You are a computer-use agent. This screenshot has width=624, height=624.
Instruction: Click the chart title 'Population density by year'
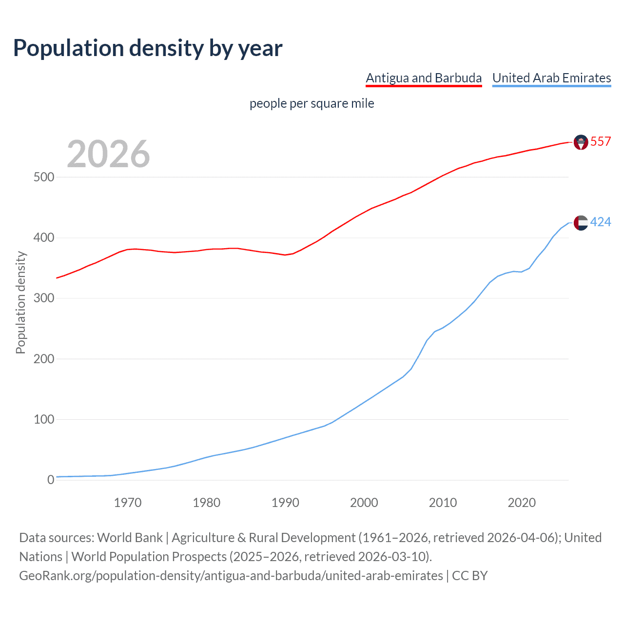pos(148,48)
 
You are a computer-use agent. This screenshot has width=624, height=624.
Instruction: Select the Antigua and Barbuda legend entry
pos(424,78)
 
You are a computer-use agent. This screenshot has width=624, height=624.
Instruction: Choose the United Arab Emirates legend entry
pos(551,78)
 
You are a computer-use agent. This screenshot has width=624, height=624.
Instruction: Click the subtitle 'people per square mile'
pos(312,104)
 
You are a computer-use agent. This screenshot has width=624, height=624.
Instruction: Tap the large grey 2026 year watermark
pos(108,154)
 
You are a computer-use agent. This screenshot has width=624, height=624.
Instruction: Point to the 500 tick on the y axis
pos(43,177)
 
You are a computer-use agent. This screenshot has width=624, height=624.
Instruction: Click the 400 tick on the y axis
pos(43,238)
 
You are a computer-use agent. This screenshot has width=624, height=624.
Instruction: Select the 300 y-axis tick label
pos(43,298)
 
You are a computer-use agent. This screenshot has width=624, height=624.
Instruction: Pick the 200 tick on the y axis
pos(43,359)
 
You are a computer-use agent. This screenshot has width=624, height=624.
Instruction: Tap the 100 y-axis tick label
pos(43,419)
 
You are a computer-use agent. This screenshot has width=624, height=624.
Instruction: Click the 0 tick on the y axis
pos(51,480)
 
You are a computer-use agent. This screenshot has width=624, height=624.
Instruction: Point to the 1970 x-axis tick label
pos(128,503)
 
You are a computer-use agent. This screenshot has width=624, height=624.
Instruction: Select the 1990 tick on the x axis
pos(285,503)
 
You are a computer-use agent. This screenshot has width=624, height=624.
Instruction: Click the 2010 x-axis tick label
pos(443,503)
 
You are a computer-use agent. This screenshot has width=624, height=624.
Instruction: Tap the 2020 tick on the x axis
pos(522,503)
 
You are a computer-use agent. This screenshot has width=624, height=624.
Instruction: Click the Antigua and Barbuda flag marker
pos(581,142)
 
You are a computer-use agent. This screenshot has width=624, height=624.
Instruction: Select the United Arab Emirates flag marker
pos(581,223)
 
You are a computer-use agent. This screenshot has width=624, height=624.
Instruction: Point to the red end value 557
pos(601,142)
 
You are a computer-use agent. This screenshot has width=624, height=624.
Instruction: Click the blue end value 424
pos(601,222)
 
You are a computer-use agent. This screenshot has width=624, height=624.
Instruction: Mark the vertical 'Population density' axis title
pos(20,302)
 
